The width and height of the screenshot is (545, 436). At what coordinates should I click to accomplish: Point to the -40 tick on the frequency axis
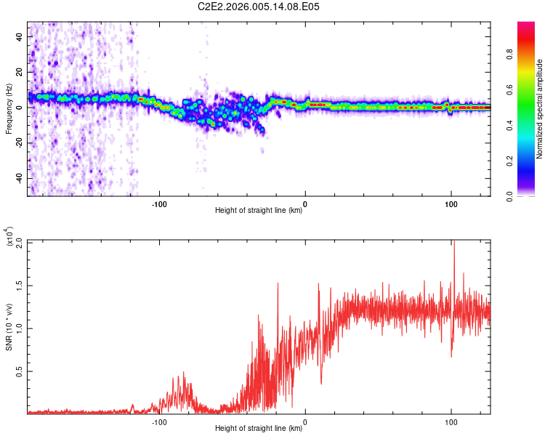[18, 179]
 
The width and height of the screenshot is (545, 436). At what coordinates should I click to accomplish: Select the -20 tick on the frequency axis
[18, 143]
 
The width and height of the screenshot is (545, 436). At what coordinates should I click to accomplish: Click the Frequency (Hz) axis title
[9, 108]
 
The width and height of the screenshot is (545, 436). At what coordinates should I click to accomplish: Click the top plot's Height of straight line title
[259, 210]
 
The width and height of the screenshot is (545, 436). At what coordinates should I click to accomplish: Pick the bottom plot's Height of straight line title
[259, 428]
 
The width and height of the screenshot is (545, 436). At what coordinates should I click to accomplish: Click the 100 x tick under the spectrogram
[451, 203]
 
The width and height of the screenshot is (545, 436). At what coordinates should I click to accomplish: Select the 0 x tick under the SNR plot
[304, 421]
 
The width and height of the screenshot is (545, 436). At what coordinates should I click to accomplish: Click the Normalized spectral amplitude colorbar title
[540, 109]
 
